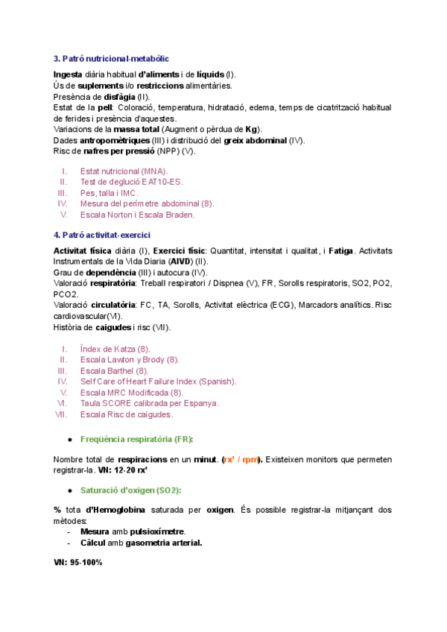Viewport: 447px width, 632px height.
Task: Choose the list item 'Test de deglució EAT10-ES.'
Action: coord(131,182)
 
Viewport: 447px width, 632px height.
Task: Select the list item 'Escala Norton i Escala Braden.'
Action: coord(137,215)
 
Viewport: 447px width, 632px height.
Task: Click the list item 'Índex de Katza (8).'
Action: coord(115,349)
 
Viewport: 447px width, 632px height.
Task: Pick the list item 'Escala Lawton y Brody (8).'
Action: coord(130,360)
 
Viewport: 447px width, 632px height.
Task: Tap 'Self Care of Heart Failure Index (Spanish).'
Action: coord(158,382)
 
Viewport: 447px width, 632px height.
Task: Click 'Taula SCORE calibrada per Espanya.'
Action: coord(149,403)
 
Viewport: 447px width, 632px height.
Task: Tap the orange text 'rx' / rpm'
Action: coord(241,460)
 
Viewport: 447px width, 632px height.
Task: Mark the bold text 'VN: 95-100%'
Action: coord(78,563)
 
